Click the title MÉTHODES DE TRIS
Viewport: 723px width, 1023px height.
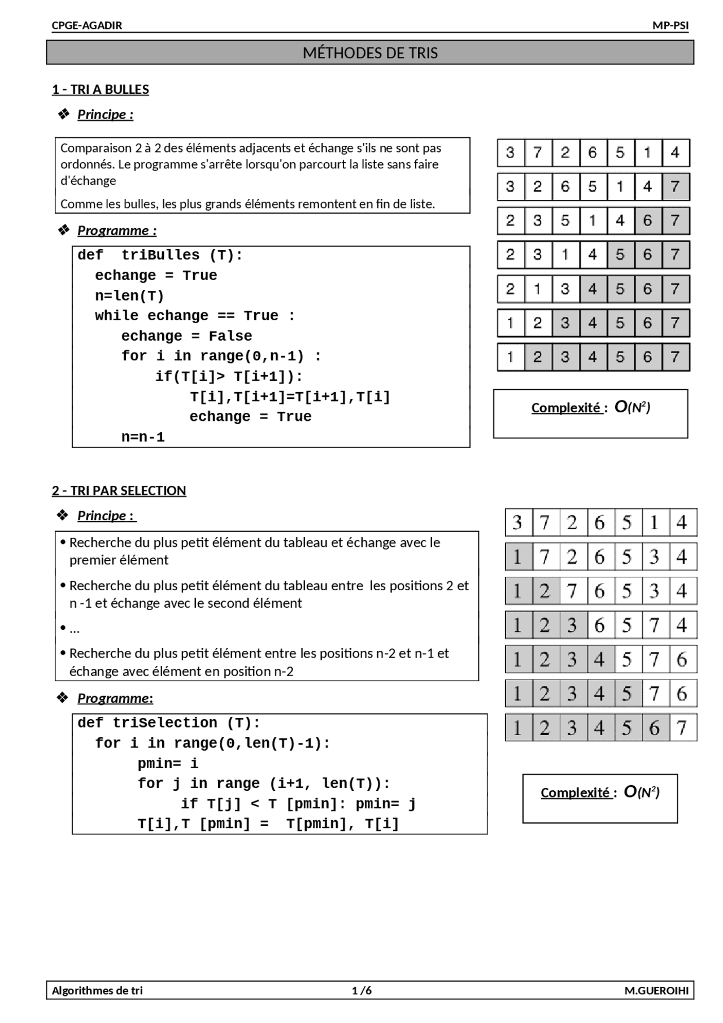pyautogui.click(x=370, y=53)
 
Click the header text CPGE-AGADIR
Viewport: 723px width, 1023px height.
pyautogui.click(x=87, y=25)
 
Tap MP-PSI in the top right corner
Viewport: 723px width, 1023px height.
pyautogui.click(x=670, y=25)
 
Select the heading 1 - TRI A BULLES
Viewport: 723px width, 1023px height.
pyautogui.click(x=101, y=89)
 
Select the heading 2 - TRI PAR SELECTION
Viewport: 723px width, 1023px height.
pyautogui.click(x=119, y=490)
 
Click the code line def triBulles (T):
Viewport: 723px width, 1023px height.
pyautogui.click(x=160, y=255)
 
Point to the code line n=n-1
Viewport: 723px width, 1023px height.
pyautogui.click(x=143, y=437)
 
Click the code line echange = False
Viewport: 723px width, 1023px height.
pyautogui.click(x=186, y=336)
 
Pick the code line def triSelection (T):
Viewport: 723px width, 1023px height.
pyautogui.click(x=168, y=723)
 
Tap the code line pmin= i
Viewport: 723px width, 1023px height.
pyautogui.click(x=168, y=764)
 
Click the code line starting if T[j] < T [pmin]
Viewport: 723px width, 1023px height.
pyautogui.click(x=298, y=804)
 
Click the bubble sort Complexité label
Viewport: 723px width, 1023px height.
pyautogui.click(x=567, y=408)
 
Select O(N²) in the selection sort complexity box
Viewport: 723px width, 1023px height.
pyautogui.click(x=642, y=793)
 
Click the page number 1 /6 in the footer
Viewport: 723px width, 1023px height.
pyautogui.click(x=361, y=990)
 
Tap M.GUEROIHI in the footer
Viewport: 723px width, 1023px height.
pyautogui.click(x=656, y=990)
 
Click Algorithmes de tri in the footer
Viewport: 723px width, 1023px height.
pyautogui.click(x=97, y=990)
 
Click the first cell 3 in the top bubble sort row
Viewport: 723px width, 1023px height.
pyautogui.click(x=510, y=153)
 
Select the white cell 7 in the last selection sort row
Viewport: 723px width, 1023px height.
pyautogui.click(x=682, y=728)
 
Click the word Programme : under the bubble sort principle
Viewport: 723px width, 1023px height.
pyautogui.click(x=116, y=230)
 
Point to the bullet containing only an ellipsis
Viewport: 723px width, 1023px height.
pyautogui.click(x=73, y=629)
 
